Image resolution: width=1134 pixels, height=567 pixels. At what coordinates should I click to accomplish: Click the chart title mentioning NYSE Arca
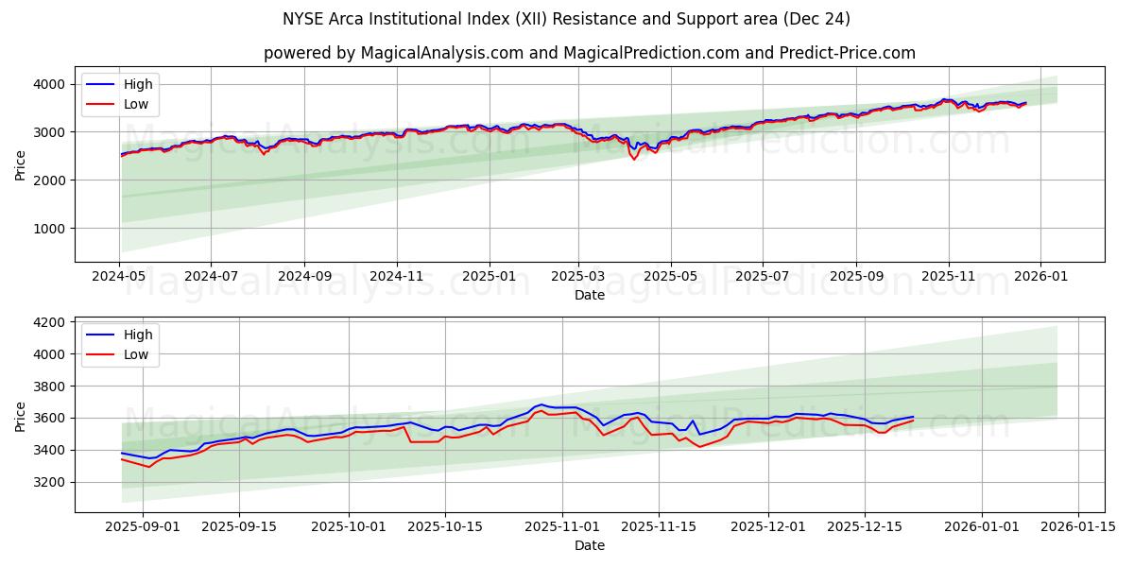[566, 19]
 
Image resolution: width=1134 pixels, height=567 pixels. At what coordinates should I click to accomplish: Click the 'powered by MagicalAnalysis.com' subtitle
[589, 53]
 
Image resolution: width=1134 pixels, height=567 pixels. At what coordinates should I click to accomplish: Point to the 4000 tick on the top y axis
[51, 84]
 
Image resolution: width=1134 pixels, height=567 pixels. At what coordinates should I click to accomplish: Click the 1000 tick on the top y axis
[51, 229]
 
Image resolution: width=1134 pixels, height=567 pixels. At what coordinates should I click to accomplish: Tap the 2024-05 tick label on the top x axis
[119, 277]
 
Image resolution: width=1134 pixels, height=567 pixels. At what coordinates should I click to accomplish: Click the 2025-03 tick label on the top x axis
[578, 277]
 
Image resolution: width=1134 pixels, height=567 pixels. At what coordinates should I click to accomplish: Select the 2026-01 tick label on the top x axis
[1040, 277]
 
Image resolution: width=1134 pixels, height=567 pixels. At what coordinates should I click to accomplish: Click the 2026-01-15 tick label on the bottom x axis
[1077, 527]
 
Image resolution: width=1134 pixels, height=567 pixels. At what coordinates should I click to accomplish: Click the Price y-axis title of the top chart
[21, 164]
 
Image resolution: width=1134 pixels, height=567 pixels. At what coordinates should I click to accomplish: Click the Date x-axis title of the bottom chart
[589, 545]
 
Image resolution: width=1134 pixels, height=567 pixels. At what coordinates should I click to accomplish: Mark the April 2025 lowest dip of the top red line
[634, 159]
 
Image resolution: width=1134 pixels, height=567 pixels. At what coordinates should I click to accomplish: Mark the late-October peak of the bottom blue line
[542, 404]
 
